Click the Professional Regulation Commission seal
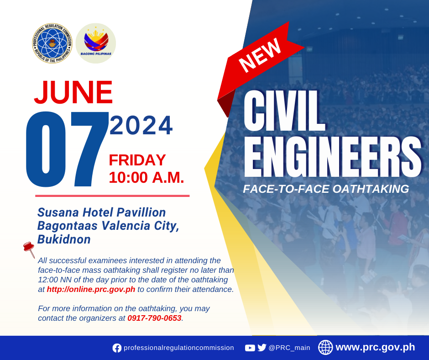[x=52, y=43]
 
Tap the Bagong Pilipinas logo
[x=96, y=43]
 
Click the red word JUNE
[x=73, y=92]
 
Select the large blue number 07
[x=67, y=149]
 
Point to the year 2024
[x=141, y=126]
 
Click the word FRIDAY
[x=137, y=160]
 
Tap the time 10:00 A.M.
[x=146, y=178]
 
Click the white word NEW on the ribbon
[x=260, y=55]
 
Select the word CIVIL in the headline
[x=284, y=111]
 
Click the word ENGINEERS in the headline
[x=332, y=157]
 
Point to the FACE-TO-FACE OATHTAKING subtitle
[x=326, y=189]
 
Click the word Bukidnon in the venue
[x=64, y=239]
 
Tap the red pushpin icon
[x=29, y=249]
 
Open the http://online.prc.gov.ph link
[x=91, y=289]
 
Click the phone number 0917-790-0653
[x=154, y=318]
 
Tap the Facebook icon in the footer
[x=117, y=348]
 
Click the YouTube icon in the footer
[x=250, y=348]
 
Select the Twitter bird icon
[x=262, y=348]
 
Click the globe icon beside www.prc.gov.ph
[x=325, y=347]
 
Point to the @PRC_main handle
[x=289, y=348]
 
